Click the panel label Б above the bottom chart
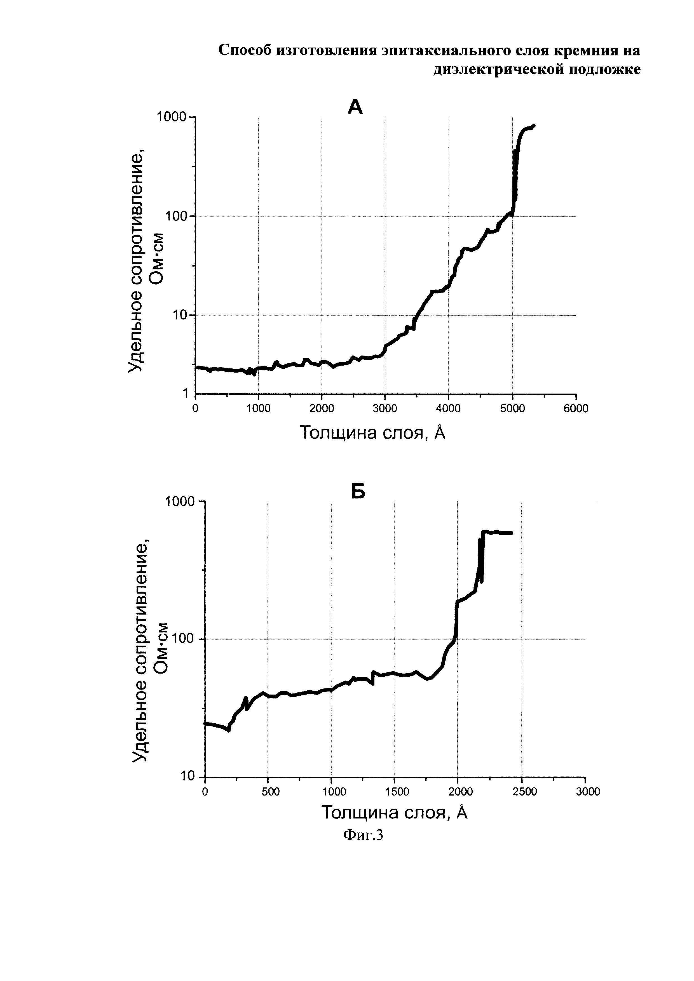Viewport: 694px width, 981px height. pyautogui.click(x=358, y=492)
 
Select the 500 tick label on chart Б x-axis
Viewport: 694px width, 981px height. pyautogui.click(x=271, y=792)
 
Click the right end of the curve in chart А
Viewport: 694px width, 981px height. pyautogui.click(x=534, y=126)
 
